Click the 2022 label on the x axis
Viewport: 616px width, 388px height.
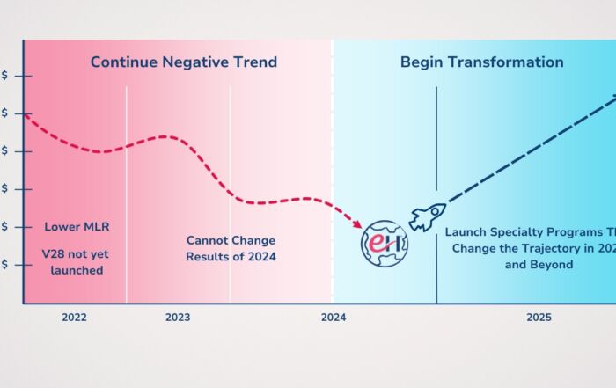click(74, 318)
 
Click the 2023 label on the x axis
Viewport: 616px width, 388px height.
click(178, 318)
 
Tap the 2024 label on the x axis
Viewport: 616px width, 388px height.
click(333, 318)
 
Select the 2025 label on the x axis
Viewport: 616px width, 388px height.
click(539, 318)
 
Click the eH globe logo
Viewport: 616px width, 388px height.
click(385, 243)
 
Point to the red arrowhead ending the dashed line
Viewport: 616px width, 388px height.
click(359, 224)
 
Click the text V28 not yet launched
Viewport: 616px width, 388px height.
click(77, 261)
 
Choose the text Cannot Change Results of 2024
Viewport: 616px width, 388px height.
click(231, 248)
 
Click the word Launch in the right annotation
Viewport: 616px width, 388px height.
click(466, 233)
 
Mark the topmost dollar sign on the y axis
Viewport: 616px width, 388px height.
click(6, 77)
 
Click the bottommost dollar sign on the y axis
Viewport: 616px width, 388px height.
click(6, 264)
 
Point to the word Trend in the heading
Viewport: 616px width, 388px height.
click(255, 62)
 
